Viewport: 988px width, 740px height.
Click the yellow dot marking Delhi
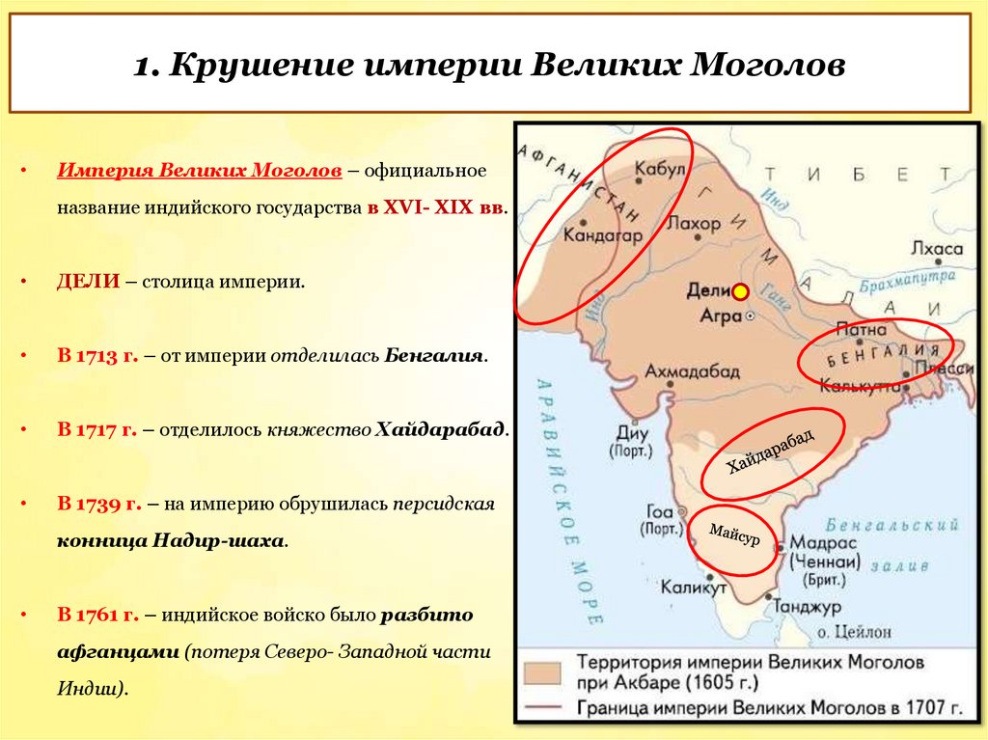click(740, 291)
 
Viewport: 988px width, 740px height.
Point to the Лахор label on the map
click(694, 224)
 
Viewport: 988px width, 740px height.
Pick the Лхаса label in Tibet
click(936, 249)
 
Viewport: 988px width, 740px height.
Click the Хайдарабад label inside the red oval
click(771, 451)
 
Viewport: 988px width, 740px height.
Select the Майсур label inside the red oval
click(734, 534)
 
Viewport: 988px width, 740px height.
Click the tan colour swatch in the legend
click(543, 672)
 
